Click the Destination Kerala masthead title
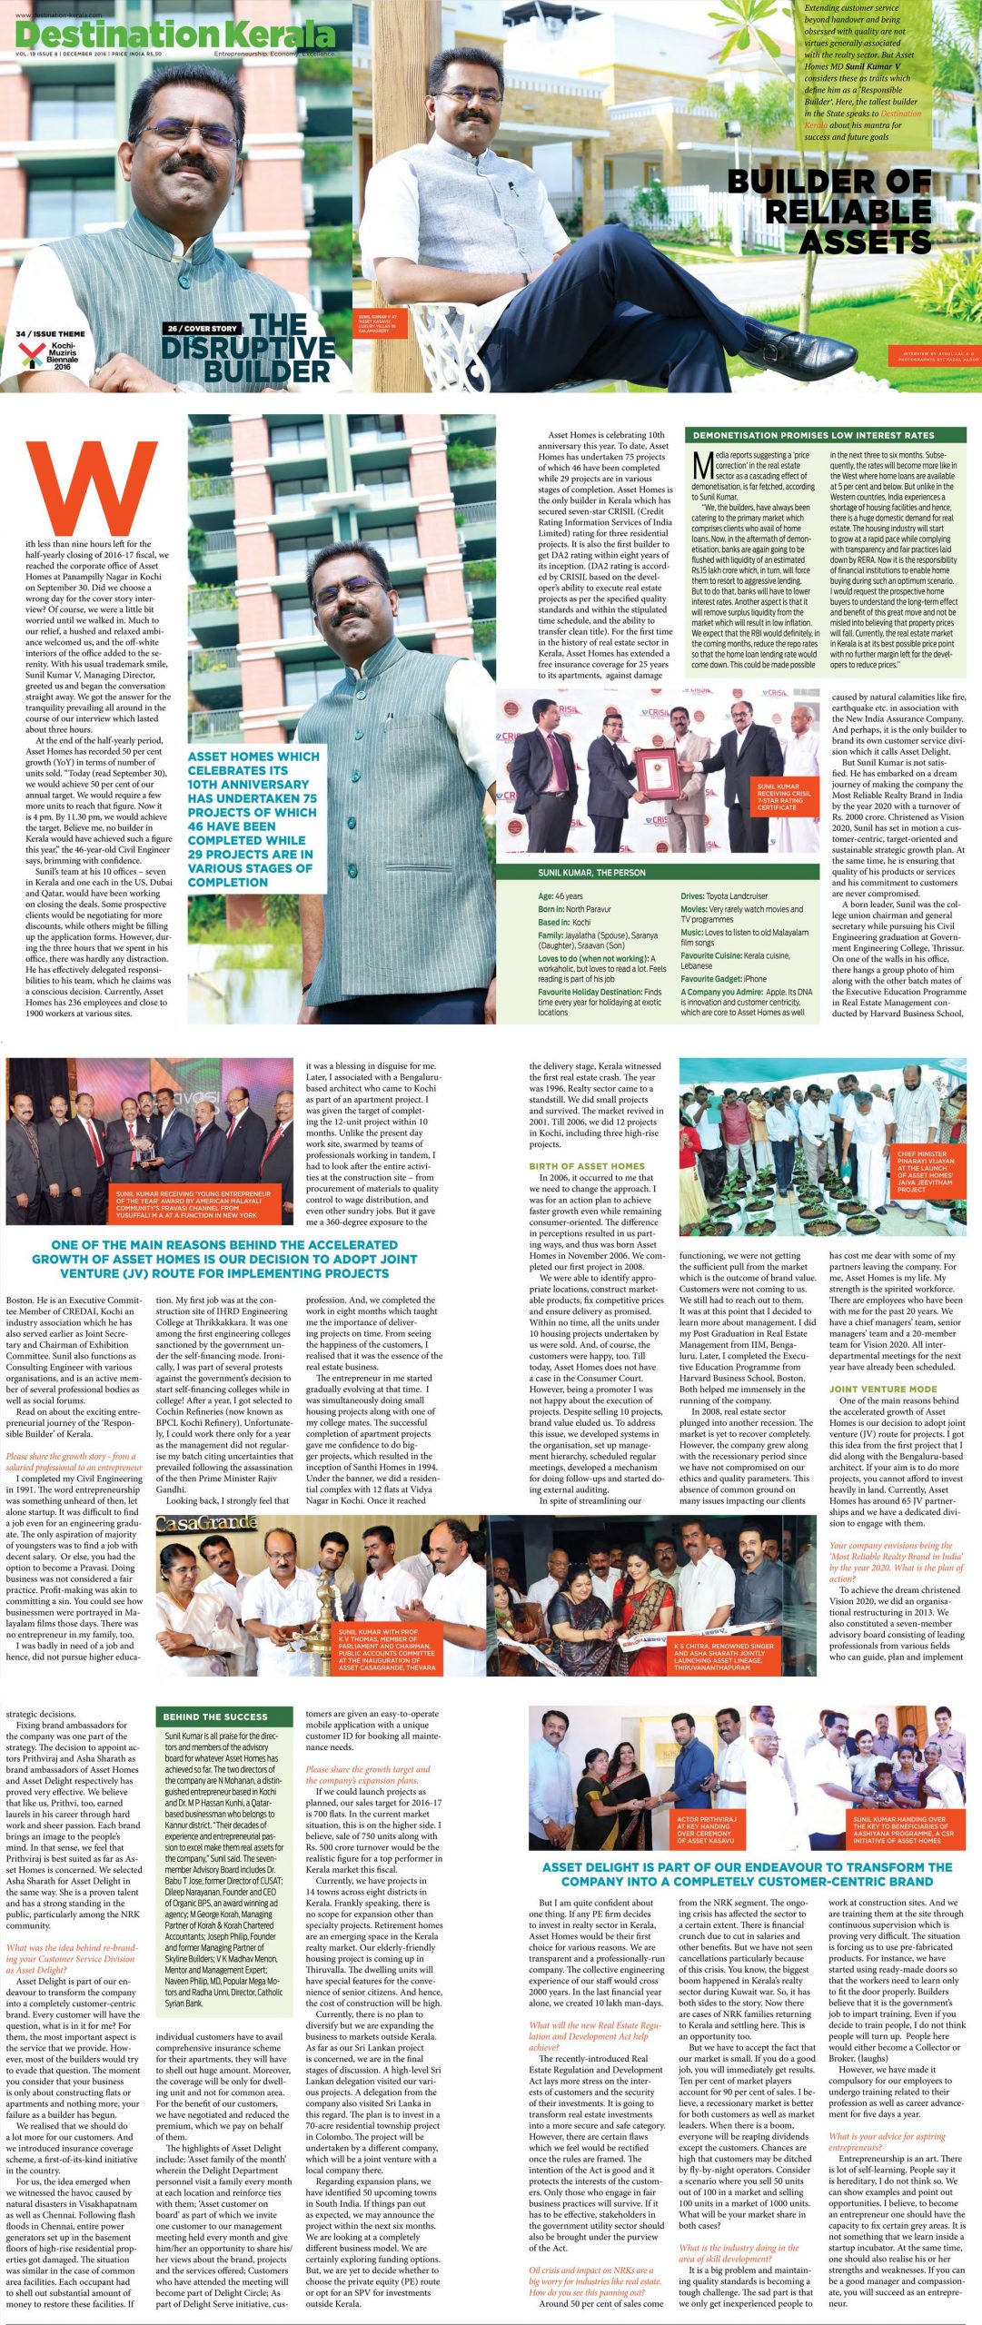click(x=175, y=35)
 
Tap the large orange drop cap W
click(x=91, y=488)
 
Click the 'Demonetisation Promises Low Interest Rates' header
click(x=813, y=435)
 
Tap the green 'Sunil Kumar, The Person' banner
click(x=591, y=872)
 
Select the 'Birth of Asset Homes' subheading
click(x=587, y=1165)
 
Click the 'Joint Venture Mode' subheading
click(x=882, y=1389)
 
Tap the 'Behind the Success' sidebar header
click(x=215, y=1717)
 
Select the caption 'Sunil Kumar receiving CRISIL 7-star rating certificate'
click(x=784, y=796)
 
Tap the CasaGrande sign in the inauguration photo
click(x=206, y=1523)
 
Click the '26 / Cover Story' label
click(x=203, y=328)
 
